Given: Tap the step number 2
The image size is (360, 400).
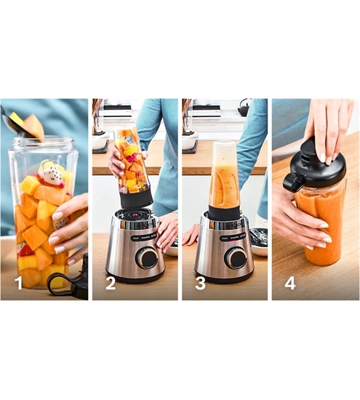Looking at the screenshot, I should tap(110, 283).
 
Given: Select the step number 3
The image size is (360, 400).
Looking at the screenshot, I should tap(199, 283).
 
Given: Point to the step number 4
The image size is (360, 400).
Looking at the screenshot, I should tap(289, 283).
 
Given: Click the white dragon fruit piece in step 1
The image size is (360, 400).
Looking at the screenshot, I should tap(49, 175).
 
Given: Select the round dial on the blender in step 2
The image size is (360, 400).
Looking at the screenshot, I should tap(145, 257).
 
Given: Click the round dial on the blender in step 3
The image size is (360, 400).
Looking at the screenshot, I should tap(235, 257).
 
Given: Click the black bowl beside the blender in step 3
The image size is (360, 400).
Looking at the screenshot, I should tap(258, 237).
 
